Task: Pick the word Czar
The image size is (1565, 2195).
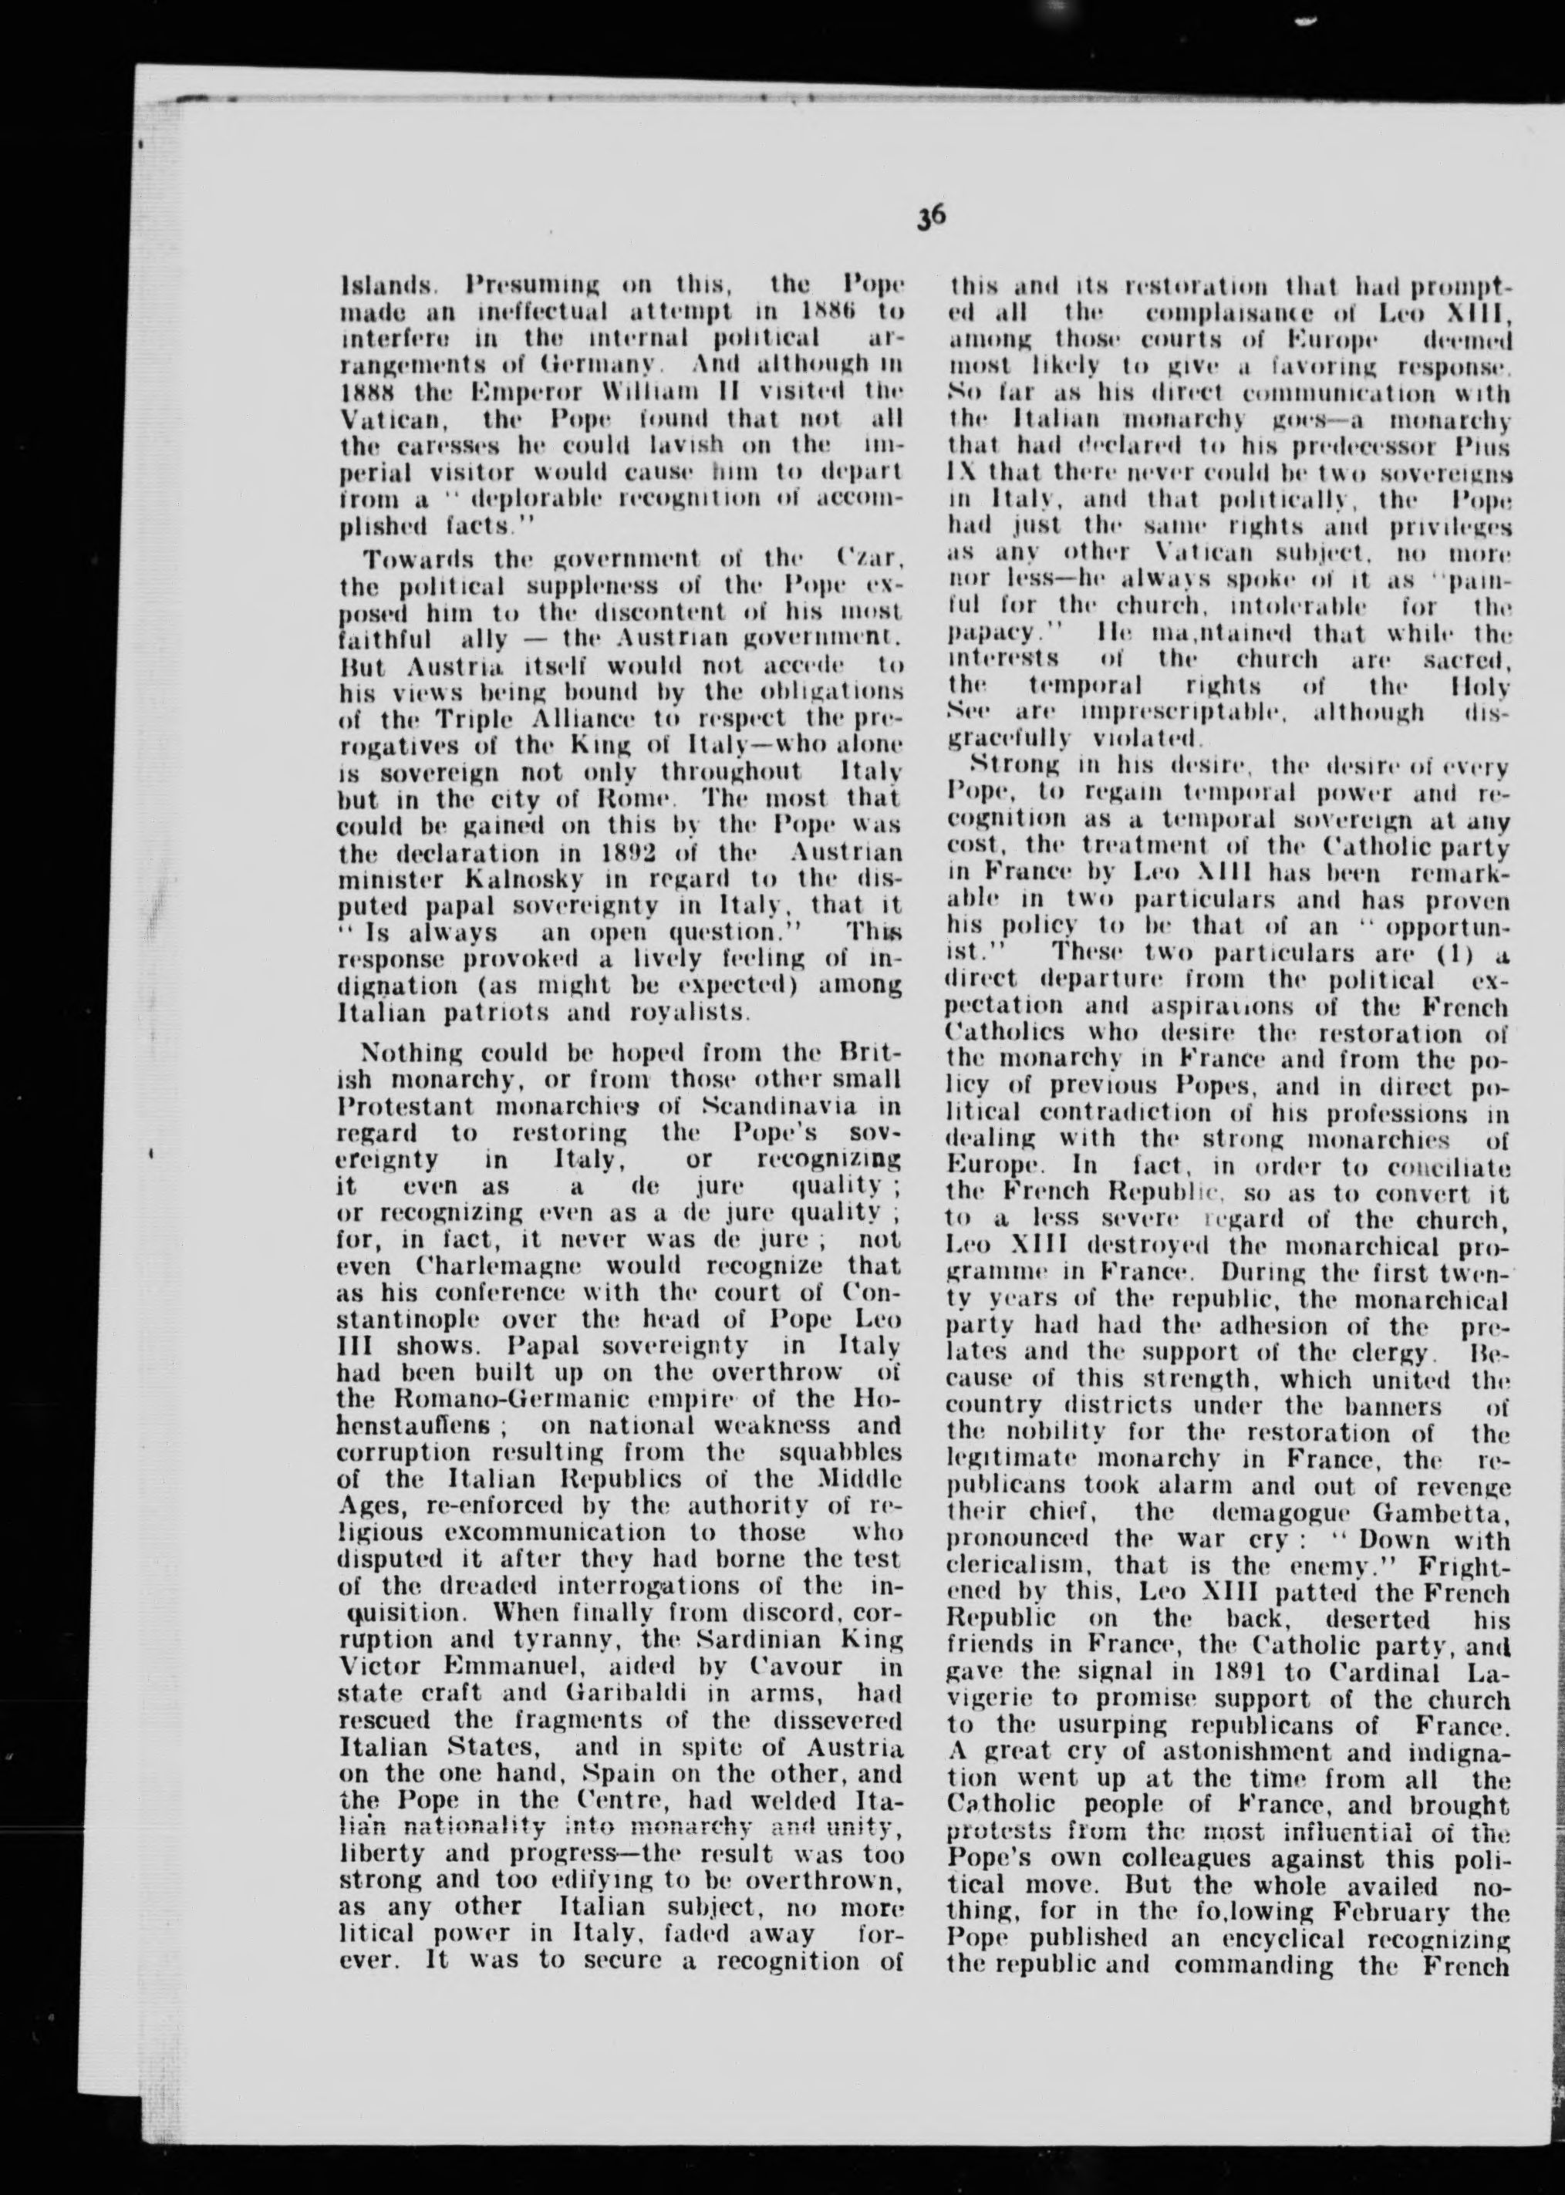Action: tap(870, 558)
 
